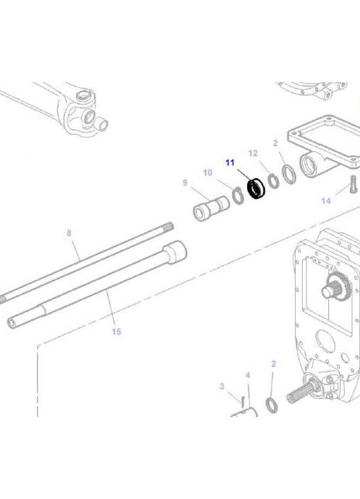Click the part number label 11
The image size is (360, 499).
coord(229,162)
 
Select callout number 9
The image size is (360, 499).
coord(185,183)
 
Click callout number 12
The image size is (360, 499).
coord(252,153)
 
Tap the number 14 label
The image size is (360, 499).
coord(325,201)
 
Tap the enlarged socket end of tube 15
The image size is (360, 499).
coord(176,253)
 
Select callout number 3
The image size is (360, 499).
coord(221,386)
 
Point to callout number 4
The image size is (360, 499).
coord(248,375)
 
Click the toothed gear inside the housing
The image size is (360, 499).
coord(338,287)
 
